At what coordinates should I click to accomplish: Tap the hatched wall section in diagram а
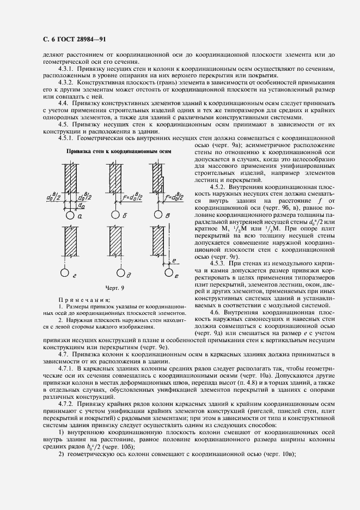(x=70, y=177)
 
